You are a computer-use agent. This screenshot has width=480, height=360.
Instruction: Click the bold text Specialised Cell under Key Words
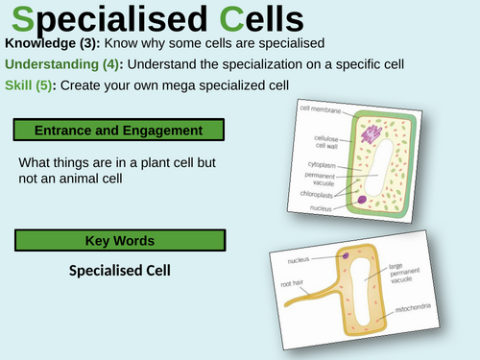[x=119, y=270]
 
